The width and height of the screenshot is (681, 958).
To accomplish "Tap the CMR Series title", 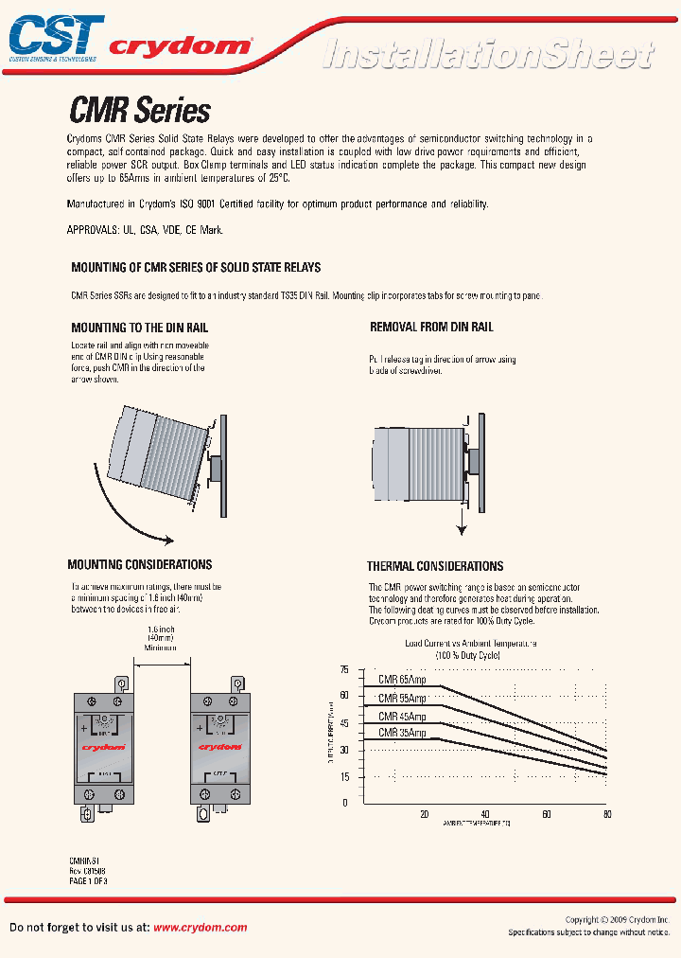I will (x=140, y=111).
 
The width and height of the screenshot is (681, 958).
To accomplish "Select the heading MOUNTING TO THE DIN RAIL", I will (x=139, y=328).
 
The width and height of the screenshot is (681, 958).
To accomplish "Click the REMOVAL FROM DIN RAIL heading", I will (x=431, y=328).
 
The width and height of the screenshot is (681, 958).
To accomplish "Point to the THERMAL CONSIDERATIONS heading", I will (x=435, y=566).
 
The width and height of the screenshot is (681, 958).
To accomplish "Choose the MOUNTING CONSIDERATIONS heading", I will (x=140, y=565).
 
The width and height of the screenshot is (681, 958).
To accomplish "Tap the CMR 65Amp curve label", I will (x=402, y=680).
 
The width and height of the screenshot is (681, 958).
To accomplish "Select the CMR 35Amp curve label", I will (x=402, y=733).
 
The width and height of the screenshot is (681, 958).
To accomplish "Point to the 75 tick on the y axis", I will (x=343, y=670).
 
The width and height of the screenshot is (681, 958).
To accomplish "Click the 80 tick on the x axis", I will (x=606, y=814).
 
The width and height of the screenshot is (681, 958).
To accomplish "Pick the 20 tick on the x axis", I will (x=424, y=814).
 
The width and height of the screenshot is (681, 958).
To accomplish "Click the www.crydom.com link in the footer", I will (x=200, y=928).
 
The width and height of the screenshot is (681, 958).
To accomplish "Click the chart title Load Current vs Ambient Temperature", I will (x=470, y=644).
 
